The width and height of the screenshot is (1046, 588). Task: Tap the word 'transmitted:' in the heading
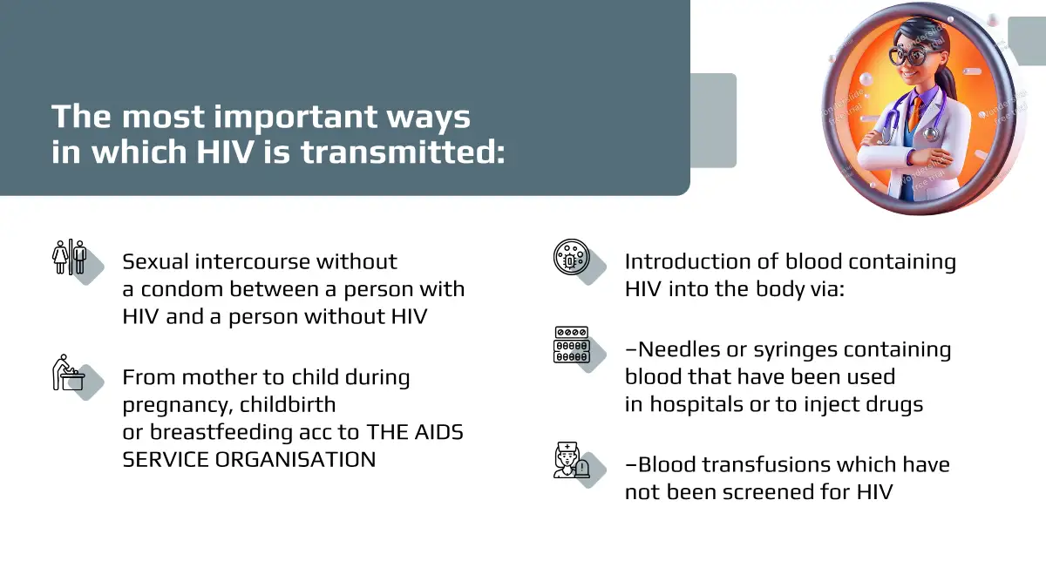pos(403,152)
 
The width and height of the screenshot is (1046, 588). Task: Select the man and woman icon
pos(70,257)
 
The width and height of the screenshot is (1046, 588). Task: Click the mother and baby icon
pos(69,373)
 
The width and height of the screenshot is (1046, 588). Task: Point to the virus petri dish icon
pos(572,257)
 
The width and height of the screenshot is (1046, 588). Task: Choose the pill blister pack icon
pos(572,345)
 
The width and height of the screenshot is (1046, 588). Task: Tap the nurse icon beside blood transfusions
pos(572,460)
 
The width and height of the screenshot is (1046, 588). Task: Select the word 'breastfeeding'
pos(221,432)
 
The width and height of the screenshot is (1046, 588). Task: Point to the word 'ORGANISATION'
pos(295,460)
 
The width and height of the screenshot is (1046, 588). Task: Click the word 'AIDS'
pos(438,432)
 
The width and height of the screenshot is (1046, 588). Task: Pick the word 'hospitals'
pos(696,404)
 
